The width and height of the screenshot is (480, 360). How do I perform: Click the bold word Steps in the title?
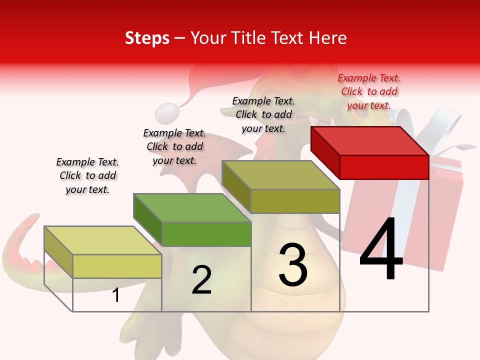[x=147, y=38]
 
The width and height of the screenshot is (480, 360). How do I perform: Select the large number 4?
[x=381, y=250]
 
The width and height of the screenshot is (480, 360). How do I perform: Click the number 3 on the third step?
[x=293, y=265]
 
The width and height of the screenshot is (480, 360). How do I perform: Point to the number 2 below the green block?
[x=201, y=280]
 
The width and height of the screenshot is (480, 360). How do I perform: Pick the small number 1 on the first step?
[x=116, y=295]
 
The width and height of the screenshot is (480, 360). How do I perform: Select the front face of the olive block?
[x=295, y=201]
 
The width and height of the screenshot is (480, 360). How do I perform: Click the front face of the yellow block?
[x=117, y=266]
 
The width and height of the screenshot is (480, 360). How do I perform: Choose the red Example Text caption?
[x=369, y=91]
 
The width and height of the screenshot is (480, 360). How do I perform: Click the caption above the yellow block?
[x=87, y=175]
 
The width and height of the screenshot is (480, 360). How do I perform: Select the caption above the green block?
[x=174, y=146]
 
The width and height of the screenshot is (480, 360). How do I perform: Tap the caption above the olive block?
[x=263, y=114]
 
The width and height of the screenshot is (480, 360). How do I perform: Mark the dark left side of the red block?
[x=325, y=152]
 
